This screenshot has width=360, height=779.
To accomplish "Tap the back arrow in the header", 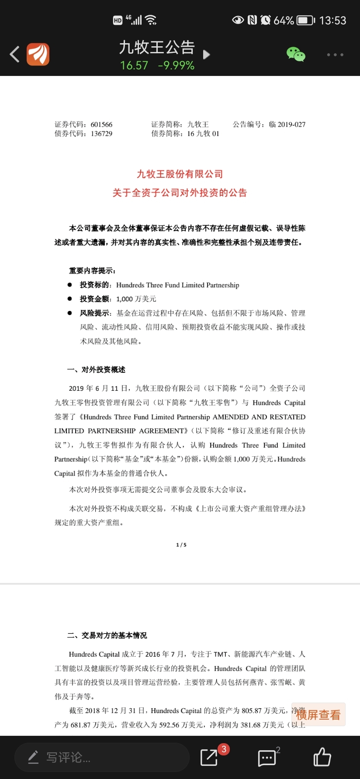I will pyautogui.click(x=15, y=55).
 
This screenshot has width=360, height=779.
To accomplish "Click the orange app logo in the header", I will pyautogui.click(x=38, y=55).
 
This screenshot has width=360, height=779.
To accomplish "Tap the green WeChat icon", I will pyautogui.click(x=296, y=55).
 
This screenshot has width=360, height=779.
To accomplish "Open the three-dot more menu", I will pyautogui.click(x=335, y=55).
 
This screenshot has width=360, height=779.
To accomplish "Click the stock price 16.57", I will pyautogui.click(x=134, y=65).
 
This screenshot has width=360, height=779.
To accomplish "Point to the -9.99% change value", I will pyautogui.click(x=176, y=65).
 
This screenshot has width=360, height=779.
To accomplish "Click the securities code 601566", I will pyautogui.click(x=101, y=124).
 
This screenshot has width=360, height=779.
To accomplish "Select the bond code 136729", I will pyautogui.click(x=101, y=134).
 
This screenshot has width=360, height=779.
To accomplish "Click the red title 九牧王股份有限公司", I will pyautogui.click(x=180, y=174).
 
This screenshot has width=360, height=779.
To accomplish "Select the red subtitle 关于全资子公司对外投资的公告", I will pyautogui.click(x=180, y=193).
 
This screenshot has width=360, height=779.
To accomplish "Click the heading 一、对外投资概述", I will pyautogui.click(x=97, y=370).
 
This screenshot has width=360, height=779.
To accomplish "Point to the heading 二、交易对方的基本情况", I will pyautogui.click(x=107, y=635).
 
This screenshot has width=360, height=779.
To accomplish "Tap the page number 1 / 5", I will pyautogui.click(x=181, y=545).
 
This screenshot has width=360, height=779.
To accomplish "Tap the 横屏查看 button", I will pyautogui.click(x=318, y=715).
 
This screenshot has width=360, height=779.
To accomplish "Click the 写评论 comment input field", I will pyautogui.click(x=102, y=757).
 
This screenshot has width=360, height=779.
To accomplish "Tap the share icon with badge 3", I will pyautogui.click(x=209, y=757).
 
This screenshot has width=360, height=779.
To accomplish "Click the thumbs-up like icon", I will pyautogui.click(x=322, y=757).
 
